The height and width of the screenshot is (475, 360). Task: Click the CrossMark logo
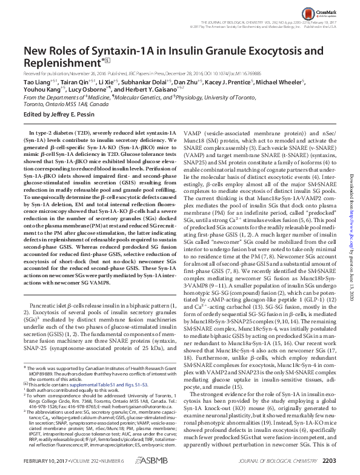(327, 11)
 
